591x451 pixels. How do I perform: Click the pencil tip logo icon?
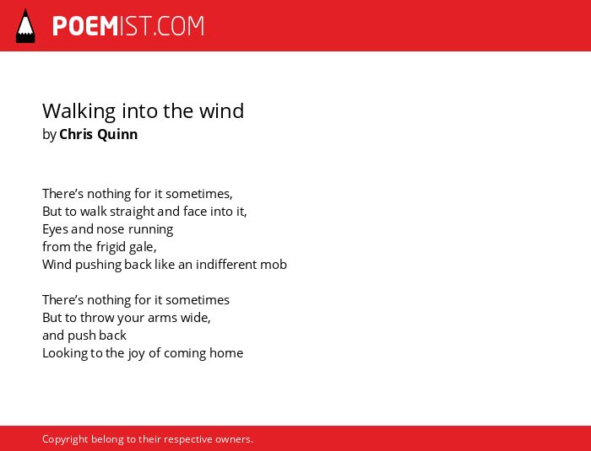click(x=25, y=26)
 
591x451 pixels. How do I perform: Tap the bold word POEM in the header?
click(x=85, y=26)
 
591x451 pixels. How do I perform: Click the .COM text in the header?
click(x=179, y=26)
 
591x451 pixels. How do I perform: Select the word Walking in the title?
click(x=79, y=111)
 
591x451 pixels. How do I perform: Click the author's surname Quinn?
click(x=117, y=134)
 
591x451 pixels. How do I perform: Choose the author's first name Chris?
click(x=76, y=134)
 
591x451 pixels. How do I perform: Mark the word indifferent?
click(x=226, y=264)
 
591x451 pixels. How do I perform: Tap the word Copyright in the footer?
click(x=65, y=439)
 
